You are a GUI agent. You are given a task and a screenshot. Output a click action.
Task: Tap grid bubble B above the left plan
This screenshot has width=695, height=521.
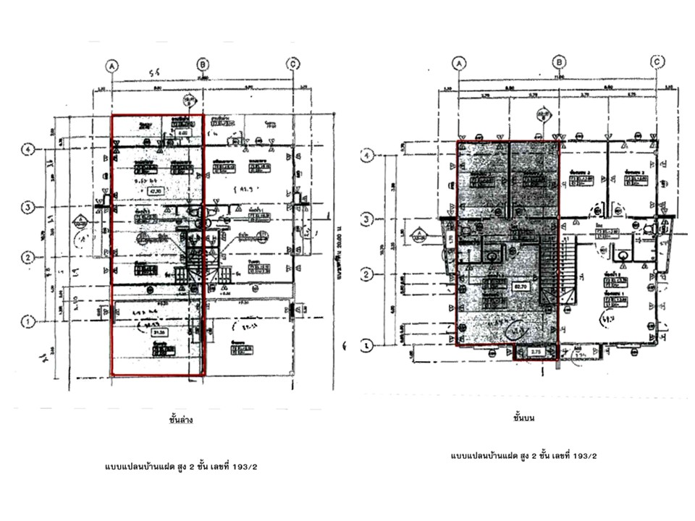pyautogui.click(x=203, y=64)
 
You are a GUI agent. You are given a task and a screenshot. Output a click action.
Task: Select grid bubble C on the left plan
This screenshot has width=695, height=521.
pyautogui.click(x=292, y=64)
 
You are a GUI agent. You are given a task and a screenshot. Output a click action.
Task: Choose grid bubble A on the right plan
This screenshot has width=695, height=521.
pyautogui.click(x=458, y=63)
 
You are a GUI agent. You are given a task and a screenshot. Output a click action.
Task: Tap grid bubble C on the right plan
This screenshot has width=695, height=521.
pyautogui.click(x=657, y=63)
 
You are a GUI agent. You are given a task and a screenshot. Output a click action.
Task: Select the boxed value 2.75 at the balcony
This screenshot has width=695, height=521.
pyautogui.click(x=536, y=352)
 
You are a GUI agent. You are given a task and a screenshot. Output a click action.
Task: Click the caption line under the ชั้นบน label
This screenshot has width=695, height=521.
pyautogui.click(x=523, y=456)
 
